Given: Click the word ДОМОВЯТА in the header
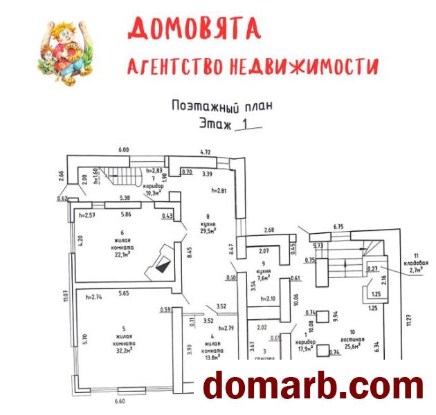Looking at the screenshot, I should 194,28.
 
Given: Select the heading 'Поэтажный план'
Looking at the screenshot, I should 222,106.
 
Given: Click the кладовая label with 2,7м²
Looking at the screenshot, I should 416,270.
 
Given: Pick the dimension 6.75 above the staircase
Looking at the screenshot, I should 339,226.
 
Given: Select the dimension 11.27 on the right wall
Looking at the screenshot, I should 410,324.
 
